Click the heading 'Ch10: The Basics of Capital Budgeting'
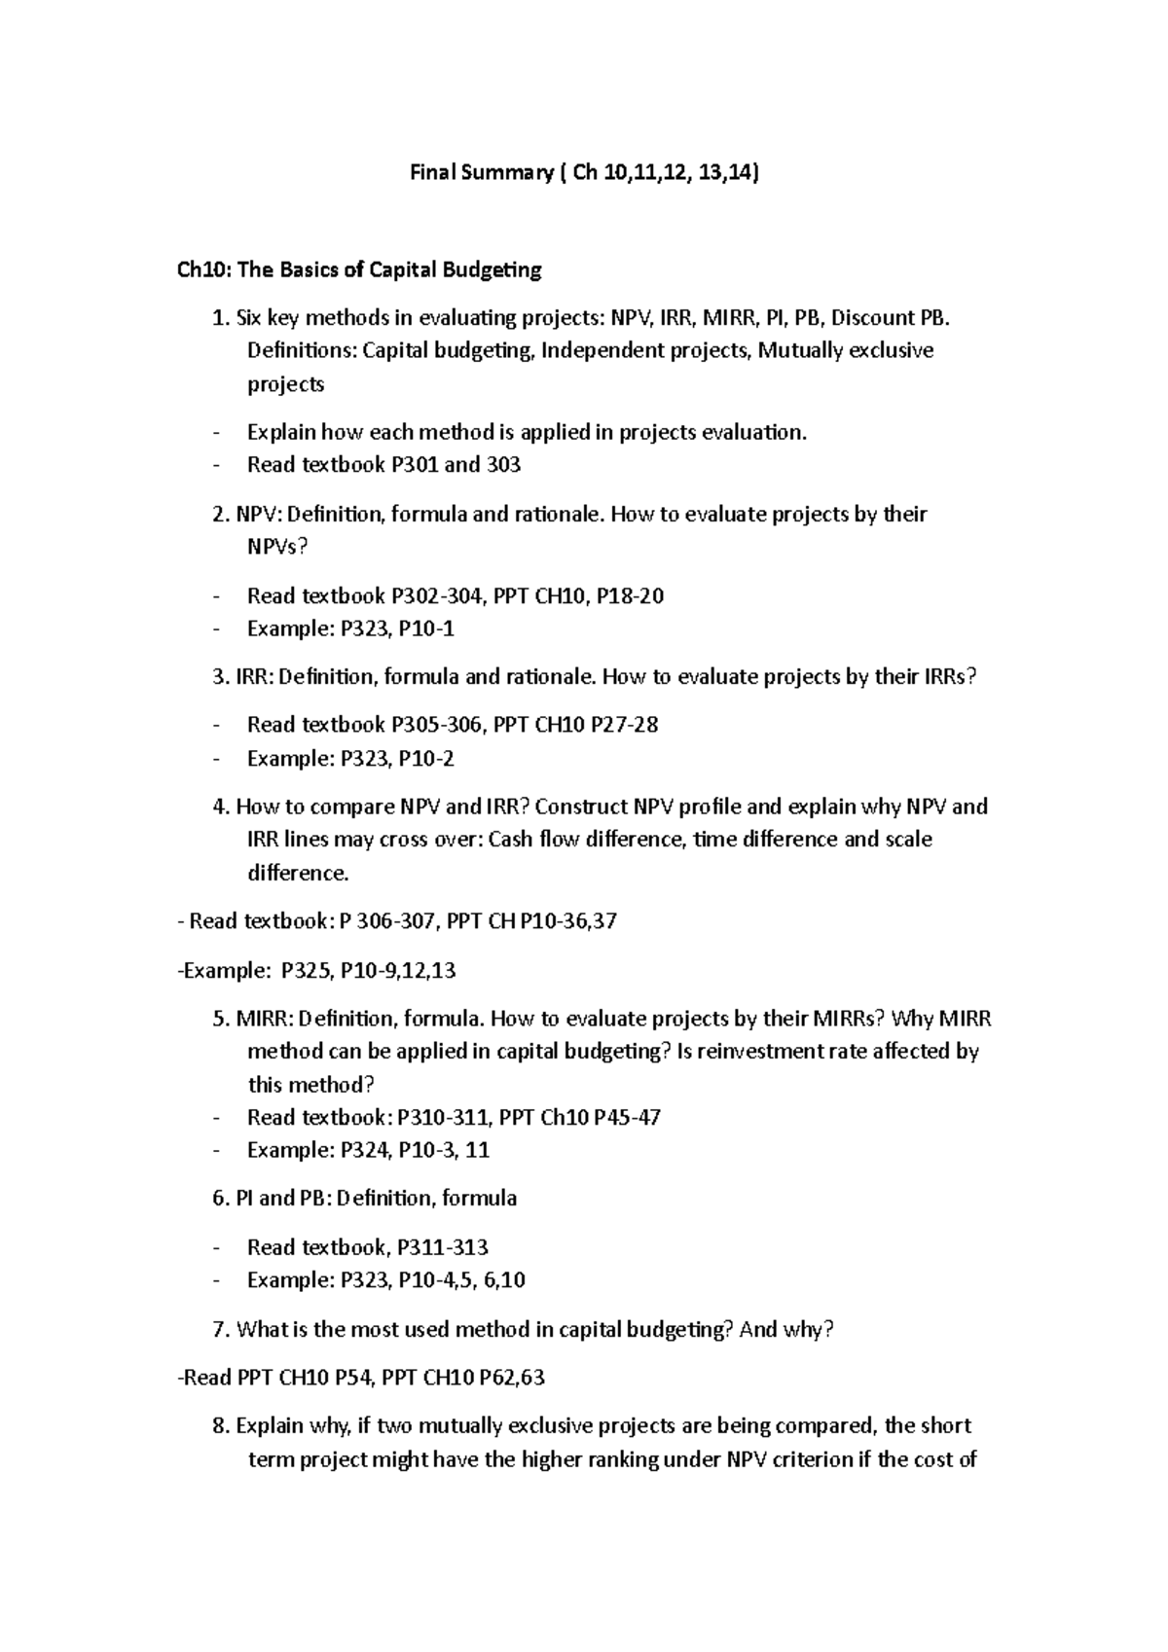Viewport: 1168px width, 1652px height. [x=358, y=269]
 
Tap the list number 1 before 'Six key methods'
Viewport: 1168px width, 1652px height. [x=219, y=318]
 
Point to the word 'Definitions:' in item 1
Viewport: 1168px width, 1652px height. [x=302, y=350]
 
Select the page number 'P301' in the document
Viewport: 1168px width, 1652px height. [x=414, y=465]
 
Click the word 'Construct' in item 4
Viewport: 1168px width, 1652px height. [x=581, y=807]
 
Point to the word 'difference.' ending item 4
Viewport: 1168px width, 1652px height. [x=298, y=873]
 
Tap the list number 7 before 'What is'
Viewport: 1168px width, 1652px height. [x=219, y=1329]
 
